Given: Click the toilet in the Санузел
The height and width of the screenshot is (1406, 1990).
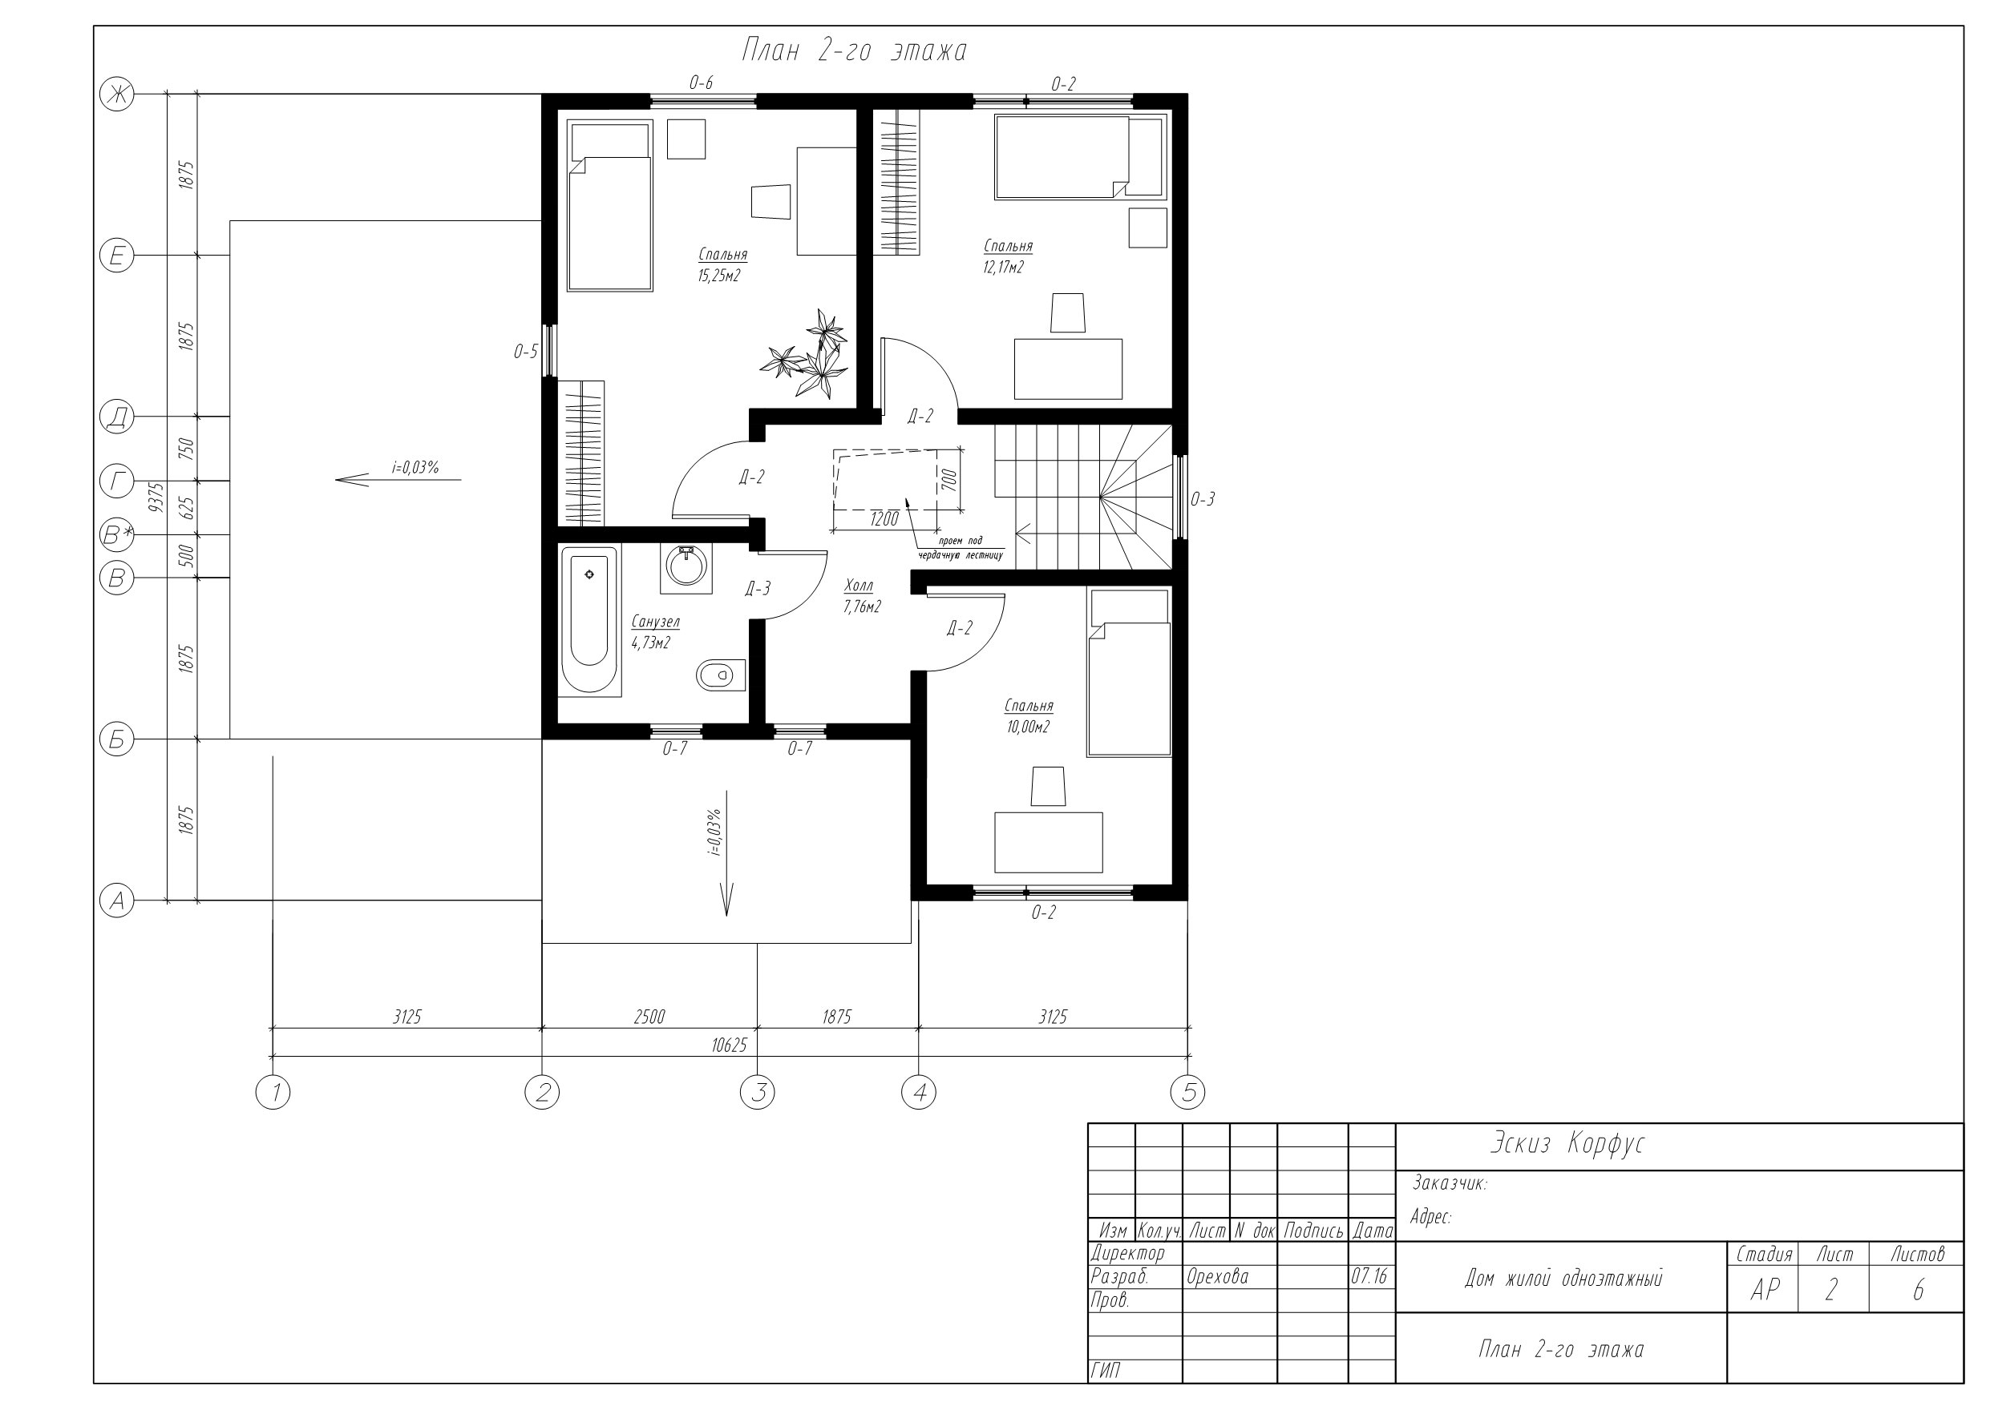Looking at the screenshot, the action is pyautogui.click(x=720, y=675).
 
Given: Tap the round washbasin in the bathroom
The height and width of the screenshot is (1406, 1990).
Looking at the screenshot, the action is pyautogui.click(x=686, y=568).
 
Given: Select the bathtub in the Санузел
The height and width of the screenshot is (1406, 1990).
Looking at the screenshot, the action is pyautogui.click(x=590, y=621).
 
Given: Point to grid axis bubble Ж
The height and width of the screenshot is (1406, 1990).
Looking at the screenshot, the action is pyautogui.click(x=117, y=94).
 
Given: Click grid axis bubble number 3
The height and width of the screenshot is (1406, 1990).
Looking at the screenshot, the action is pyautogui.click(x=758, y=1094).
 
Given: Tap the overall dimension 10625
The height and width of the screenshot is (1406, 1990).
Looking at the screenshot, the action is pyautogui.click(x=729, y=1045).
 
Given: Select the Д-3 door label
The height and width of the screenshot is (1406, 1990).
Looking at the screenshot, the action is pyautogui.click(x=758, y=589).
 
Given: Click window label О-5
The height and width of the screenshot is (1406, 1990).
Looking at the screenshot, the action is pyautogui.click(x=525, y=352).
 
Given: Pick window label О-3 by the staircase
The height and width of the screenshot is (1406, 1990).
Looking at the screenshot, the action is pyautogui.click(x=1202, y=499).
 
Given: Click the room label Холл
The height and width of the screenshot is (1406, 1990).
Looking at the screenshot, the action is pyautogui.click(x=859, y=586).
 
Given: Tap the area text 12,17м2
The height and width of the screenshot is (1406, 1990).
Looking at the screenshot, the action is pyautogui.click(x=1003, y=268).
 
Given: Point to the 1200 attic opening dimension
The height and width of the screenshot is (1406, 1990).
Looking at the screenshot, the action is pyautogui.click(x=884, y=519).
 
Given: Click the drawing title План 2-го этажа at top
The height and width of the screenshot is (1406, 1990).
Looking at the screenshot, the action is pyautogui.click(x=854, y=51).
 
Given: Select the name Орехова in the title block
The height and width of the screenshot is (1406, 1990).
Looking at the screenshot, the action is pyautogui.click(x=1217, y=1277).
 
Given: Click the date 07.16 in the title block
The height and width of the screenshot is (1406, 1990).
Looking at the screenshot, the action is pyautogui.click(x=1369, y=1277).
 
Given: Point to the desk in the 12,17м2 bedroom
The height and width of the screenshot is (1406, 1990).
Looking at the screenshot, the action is pyautogui.click(x=1068, y=369).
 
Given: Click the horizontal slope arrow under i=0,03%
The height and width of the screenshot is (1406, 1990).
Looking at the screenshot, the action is pyautogui.click(x=398, y=479).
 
